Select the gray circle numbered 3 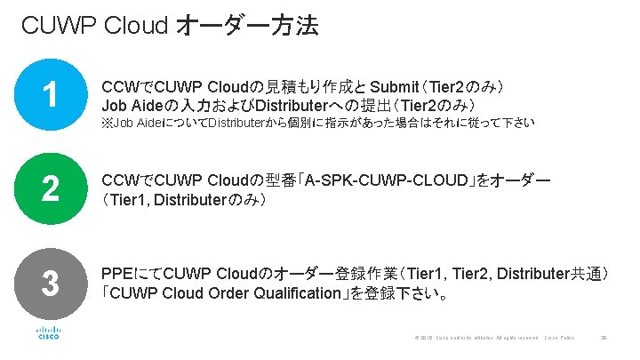pyautogui.click(x=51, y=284)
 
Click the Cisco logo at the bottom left pyautogui.click(x=48, y=334)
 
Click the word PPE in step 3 pyautogui.click(x=119, y=273)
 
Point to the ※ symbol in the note pyautogui.click(x=108, y=122)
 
